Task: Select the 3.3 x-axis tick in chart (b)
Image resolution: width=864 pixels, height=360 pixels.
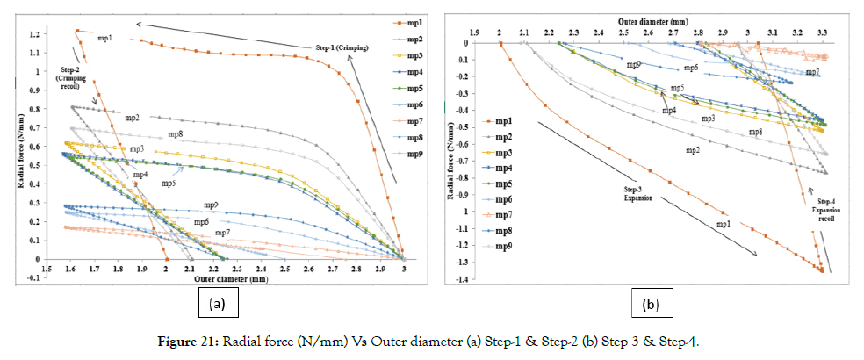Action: [x=822, y=32]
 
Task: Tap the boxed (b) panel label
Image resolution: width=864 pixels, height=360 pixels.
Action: [x=650, y=304]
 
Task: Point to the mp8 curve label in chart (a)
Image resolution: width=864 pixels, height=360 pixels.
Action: [x=176, y=134]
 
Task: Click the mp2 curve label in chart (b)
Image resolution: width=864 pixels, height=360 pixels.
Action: [x=693, y=150]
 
